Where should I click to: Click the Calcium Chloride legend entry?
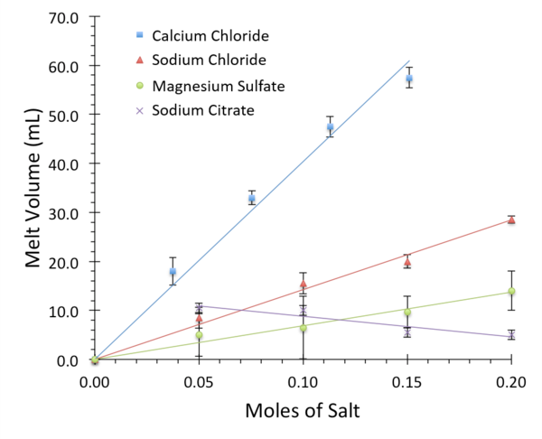pos(210,35)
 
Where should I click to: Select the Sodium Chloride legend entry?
pos(209,61)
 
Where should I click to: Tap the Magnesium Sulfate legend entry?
pos(219,86)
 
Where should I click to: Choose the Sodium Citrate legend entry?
pos(203,111)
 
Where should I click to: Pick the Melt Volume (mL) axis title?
pos(32,190)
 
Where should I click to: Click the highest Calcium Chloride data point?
pos(409,79)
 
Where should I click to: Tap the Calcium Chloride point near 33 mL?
pos(252,198)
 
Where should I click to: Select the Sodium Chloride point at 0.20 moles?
pos(511,219)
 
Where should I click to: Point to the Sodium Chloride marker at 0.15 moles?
pos(407,262)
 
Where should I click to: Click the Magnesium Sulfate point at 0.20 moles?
pos(511,291)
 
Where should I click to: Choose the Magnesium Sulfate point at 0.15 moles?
pos(407,312)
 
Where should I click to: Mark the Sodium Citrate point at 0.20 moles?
pos(511,335)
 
